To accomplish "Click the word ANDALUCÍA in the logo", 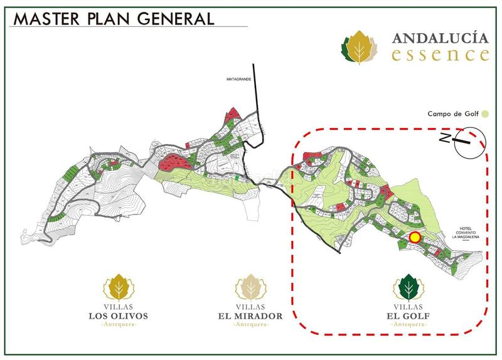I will click(x=441, y=38).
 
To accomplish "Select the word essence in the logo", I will click(x=440, y=55).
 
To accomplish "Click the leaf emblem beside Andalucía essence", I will click(x=360, y=48).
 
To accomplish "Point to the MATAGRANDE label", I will click(x=240, y=80).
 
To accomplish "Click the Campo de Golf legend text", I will click(x=453, y=114).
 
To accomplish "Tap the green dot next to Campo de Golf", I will click(x=485, y=114).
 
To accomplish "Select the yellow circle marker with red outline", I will click(x=415, y=237).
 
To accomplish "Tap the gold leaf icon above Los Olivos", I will click(x=119, y=288).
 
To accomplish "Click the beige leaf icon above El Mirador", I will click(x=250, y=288).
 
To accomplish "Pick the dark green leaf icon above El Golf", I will click(x=407, y=288).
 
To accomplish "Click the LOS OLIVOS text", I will click(x=119, y=315).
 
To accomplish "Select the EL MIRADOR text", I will click(x=250, y=315).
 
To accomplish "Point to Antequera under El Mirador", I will click(x=250, y=325).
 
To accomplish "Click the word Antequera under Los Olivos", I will click(x=119, y=325).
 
